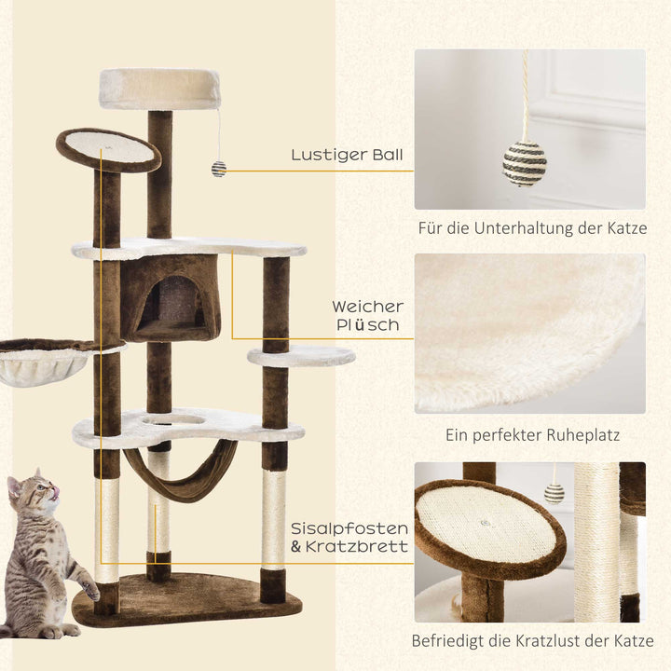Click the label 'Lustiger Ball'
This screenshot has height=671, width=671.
coord(346,155)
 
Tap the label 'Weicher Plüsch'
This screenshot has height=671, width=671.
coord(367,316)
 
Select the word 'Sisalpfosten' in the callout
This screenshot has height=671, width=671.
coord(349,527)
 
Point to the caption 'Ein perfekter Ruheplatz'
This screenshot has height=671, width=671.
coord(530,434)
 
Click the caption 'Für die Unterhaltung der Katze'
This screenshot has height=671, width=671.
coord(530,227)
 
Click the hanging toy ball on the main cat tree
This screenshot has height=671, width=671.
coord(219,169)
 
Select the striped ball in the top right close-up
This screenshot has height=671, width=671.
coord(525,162)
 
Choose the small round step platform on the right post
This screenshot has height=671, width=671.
coord(301,356)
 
